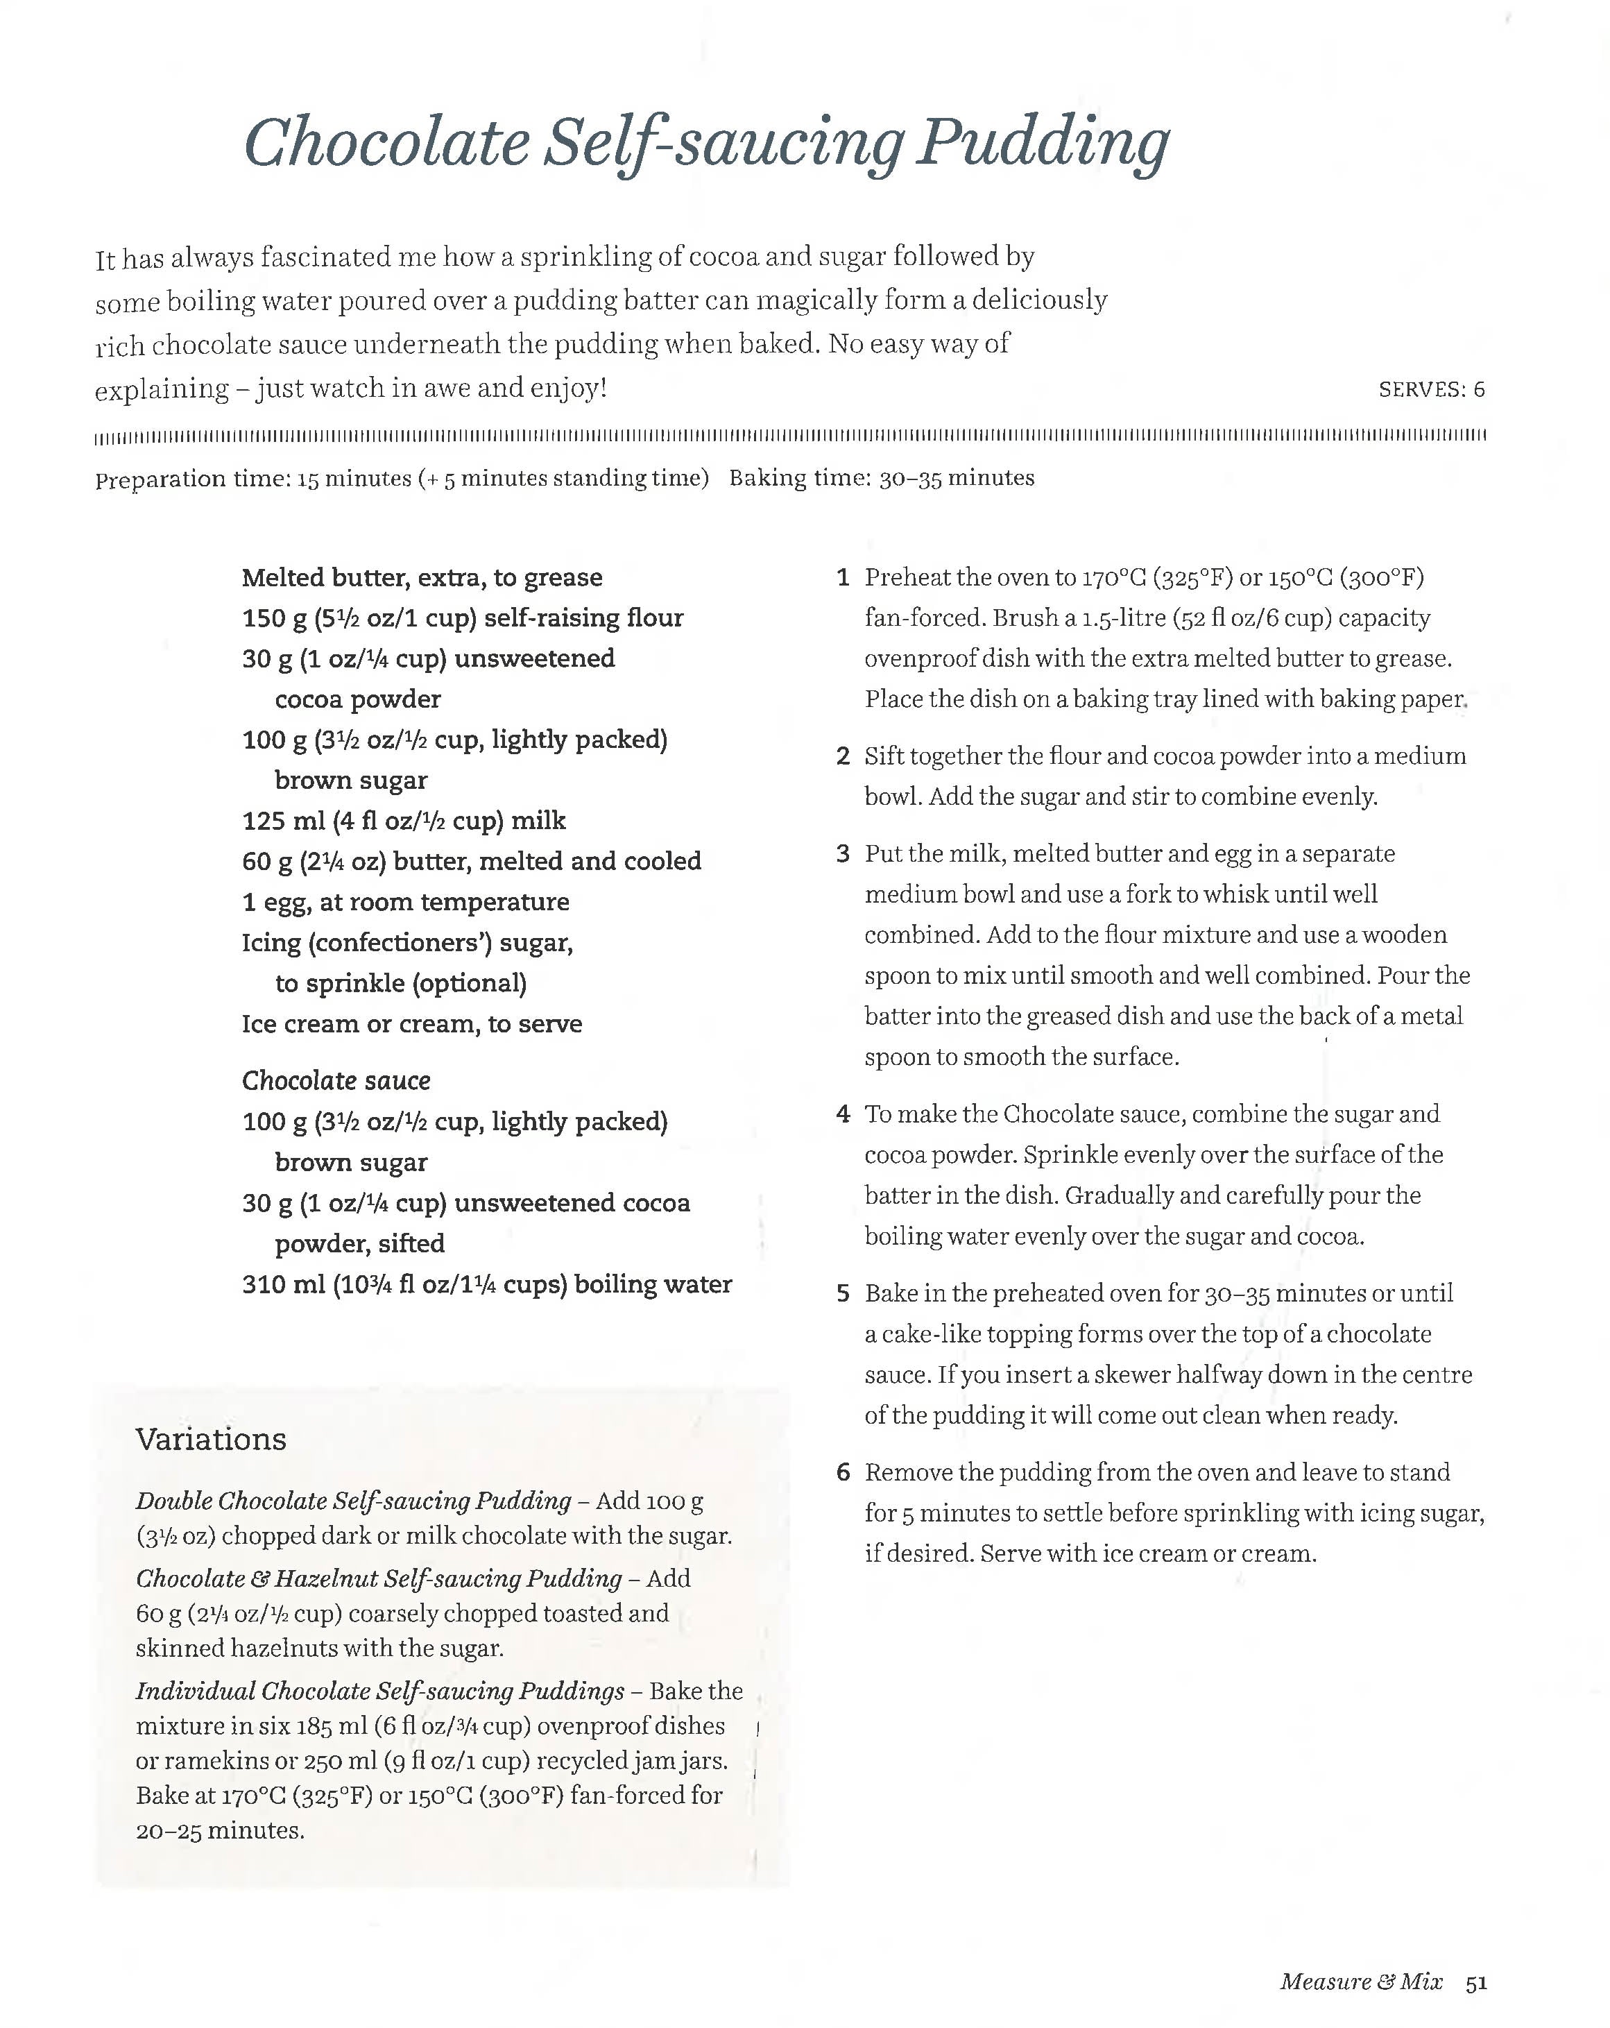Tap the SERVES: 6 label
[x=1430, y=389]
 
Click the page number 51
[x=1475, y=1982]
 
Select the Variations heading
[x=211, y=1439]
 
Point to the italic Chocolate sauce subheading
[x=336, y=1081]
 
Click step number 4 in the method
[x=843, y=1115]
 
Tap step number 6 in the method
[x=843, y=1473]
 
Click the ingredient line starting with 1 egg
[x=404, y=902]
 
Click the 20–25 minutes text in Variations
[x=219, y=1830]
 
